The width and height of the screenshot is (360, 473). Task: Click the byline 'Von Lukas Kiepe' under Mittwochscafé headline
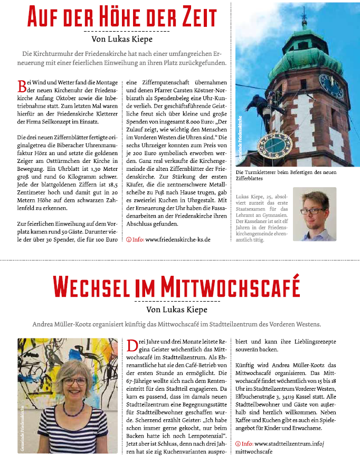[x=179, y=309]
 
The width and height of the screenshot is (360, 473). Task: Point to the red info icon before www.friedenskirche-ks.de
[x=129, y=239]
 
